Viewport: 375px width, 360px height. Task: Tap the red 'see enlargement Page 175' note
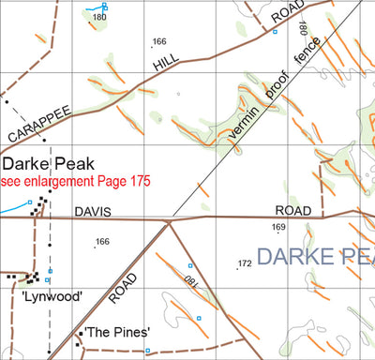(x=74, y=180)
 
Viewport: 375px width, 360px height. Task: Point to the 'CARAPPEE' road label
(x=39, y=124)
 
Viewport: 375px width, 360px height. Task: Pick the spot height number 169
(x=278, y=228)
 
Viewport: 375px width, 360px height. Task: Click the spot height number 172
(x=245, y=264)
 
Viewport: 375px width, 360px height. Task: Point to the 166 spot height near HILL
(x=159, y=41)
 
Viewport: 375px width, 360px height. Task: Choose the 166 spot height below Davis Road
(x=102, y=243)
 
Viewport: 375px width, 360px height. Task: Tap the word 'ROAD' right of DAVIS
(x=292, y=213)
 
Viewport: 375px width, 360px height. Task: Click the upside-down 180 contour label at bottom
(x=190, y=281)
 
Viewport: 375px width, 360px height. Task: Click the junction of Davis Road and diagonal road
(x=169, y=221)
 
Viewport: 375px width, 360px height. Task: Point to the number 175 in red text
(x=137, y=180)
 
